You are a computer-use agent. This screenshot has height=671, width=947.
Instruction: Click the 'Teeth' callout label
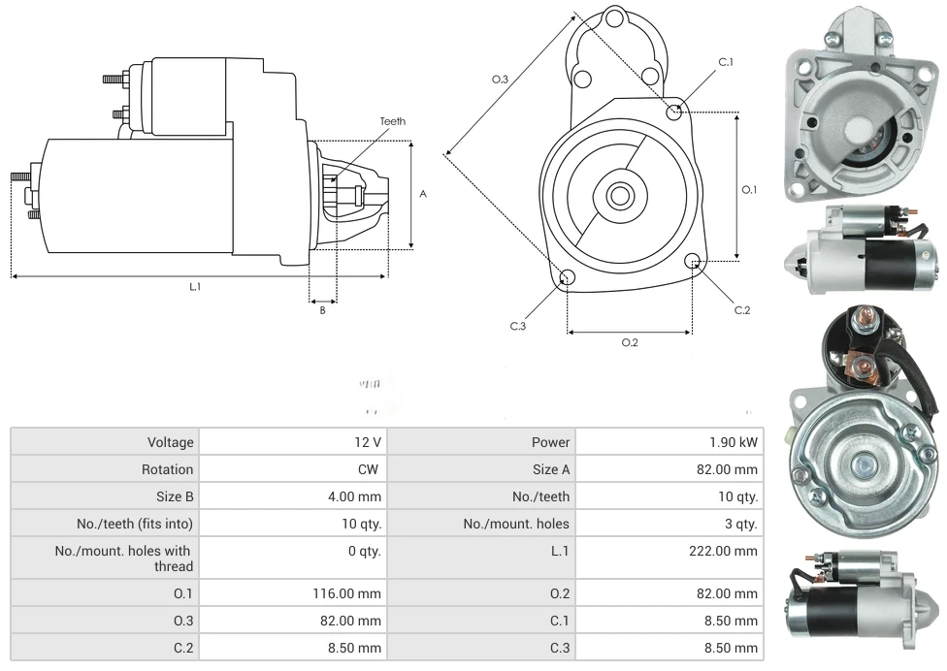click(393, 121)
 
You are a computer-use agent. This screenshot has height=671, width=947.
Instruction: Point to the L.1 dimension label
click(195, 286)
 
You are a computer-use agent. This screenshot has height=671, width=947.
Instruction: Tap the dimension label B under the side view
click(323, 310)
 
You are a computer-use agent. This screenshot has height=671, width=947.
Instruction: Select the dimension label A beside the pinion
click(423, 194)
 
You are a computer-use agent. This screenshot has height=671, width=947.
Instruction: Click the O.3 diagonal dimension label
click(501, 79)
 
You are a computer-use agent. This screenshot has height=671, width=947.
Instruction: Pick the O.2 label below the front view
click(630, 342)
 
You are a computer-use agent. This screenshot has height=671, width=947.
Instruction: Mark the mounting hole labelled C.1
click(674, 112)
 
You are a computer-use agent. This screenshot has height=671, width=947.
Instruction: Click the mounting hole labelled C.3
click(568, 279)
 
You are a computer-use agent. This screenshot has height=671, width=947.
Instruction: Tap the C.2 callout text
click(742, 310)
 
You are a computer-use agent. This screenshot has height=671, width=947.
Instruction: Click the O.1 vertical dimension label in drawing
click(749, 190)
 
